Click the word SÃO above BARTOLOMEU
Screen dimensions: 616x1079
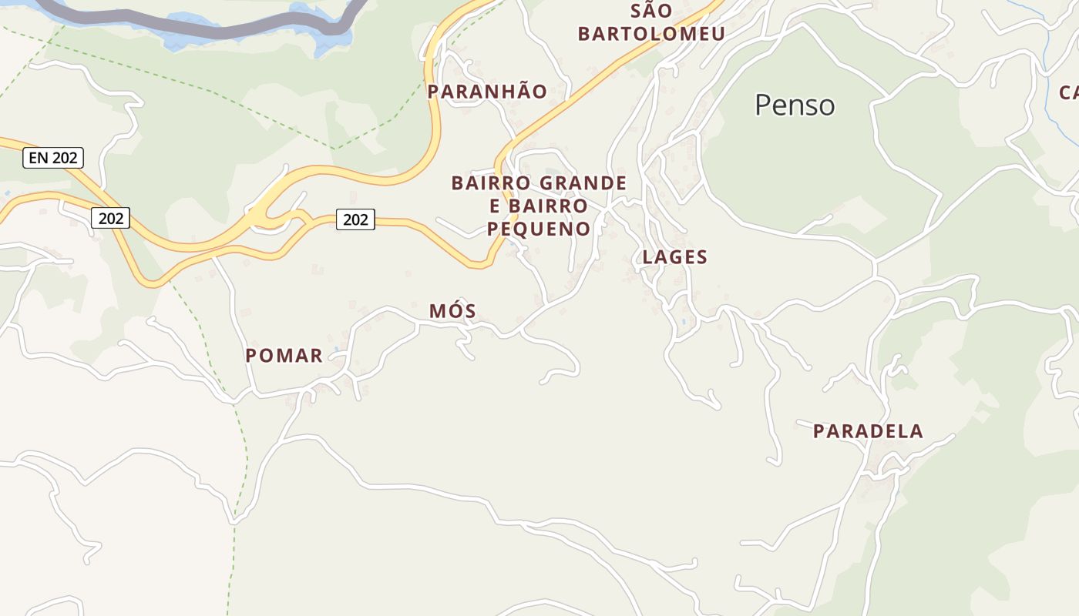click(651, 12)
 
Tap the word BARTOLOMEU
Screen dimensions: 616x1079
click(651, 35)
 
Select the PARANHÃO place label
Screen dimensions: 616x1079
click(487, 92)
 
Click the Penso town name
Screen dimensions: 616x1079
click(795, 105)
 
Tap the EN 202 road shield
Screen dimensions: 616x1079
click(52, 158)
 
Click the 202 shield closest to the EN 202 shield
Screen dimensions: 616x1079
click(111, 219)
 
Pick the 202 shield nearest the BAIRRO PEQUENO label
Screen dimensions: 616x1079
click(355, 219)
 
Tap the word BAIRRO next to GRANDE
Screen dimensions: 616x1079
click(492, 183)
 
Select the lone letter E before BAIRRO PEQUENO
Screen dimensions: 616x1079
click(496, 206)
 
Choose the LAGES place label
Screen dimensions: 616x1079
click(675, 257)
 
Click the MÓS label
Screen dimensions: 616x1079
click(452, 311)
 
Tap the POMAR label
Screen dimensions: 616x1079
click(284, 356)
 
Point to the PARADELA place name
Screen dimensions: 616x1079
click(868, 431)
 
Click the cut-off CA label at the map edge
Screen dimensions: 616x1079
click(1069, 93)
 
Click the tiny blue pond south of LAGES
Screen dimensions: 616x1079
click(683, 322)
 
